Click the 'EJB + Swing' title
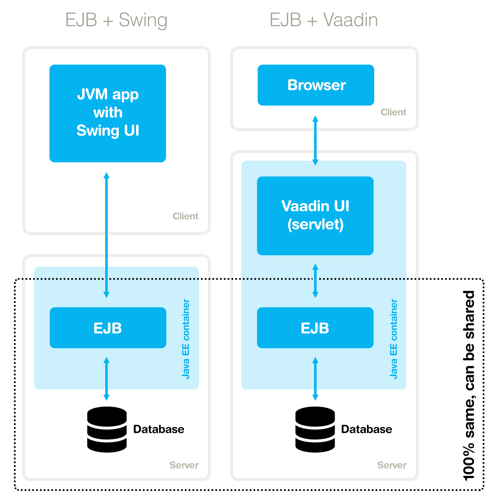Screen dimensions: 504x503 click(x=116, y=20)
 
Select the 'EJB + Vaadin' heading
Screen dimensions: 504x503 click(x=324, y=20)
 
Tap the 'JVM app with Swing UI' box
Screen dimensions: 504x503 click(x=108, y=113)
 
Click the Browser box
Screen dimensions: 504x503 click(x=316, y=85)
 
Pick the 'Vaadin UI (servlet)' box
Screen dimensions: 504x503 click(x=315, y=216)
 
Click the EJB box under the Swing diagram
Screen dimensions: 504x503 click(x=108, y=328)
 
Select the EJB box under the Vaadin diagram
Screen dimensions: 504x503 click(x=315, y=328)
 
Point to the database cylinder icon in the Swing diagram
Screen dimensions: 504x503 click(x=107, y=429)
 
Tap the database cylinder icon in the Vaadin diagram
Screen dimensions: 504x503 click(x=315, y=429)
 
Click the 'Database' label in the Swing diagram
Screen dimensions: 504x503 click(x=159, y=429)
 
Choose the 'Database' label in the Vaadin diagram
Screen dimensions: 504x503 click(x=367, y=429)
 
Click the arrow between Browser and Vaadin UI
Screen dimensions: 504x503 click(x=315, y=141)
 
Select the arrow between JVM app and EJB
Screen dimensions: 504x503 click(x=106, y=235)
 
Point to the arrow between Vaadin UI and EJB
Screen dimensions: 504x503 click(x=315, y=281)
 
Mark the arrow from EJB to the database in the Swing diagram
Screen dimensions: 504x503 click(x=106, y=379)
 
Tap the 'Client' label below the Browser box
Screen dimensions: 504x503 click(x=393, y=112)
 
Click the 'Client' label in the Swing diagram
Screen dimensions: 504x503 click(x=186, y=216)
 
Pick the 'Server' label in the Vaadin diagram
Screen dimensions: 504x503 click(x=392, y=465)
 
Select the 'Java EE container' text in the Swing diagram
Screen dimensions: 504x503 click(x=186, y=339)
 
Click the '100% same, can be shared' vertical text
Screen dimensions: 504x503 click(x=469, y=385)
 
